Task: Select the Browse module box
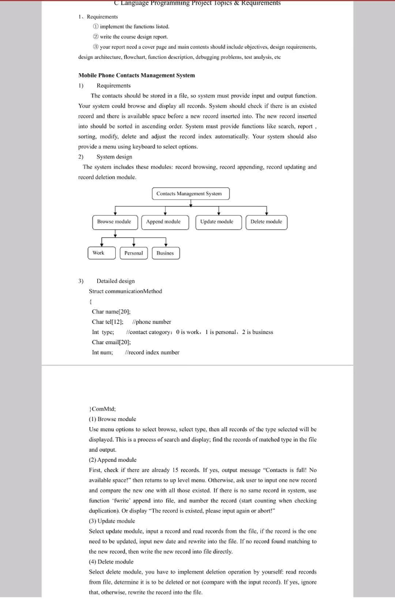[114, 222]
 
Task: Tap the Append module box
[163, 222]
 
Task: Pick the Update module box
[217, 222]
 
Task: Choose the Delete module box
[266, 222]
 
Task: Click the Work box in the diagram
[98, 253]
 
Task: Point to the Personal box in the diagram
[133, 253]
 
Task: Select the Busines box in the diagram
[165, 253]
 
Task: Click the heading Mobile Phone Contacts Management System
[136, 76]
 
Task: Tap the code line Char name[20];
[111, 312]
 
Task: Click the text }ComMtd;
[103, 409]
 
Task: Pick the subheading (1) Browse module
[112, 419]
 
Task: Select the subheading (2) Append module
[113, 460]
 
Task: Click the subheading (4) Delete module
[111, 562]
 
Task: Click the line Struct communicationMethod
[125, 291]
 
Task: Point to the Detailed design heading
[115, 281]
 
